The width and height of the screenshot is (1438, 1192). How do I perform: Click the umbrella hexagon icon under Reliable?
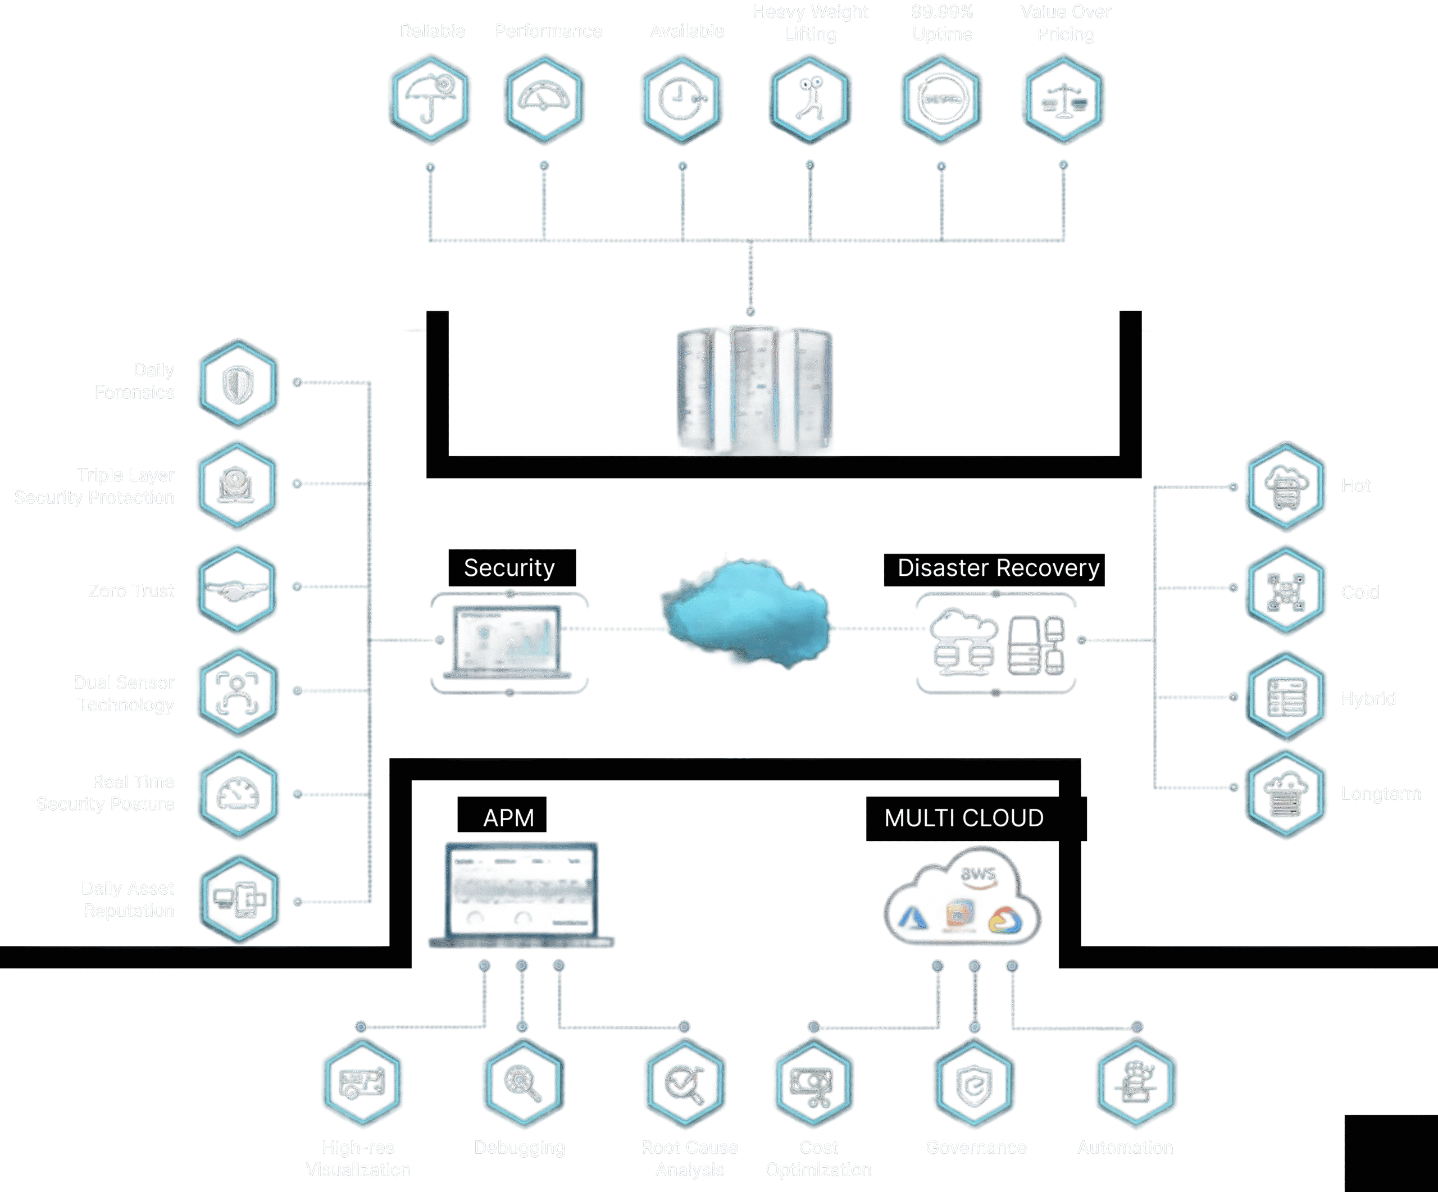429,99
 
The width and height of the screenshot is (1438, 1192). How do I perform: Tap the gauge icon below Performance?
544,99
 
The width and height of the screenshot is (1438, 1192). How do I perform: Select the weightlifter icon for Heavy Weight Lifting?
810,99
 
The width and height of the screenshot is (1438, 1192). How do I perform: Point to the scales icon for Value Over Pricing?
1063,99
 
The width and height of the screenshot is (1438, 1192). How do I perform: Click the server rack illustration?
754,390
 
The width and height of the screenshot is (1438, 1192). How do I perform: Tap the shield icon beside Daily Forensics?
238,384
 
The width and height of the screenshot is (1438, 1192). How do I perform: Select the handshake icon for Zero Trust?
237,589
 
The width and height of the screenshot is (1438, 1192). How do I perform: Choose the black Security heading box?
512,567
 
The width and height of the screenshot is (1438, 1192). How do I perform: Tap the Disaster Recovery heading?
994,569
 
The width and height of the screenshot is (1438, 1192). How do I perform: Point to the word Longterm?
1381,794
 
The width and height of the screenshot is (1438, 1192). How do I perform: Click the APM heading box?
502,816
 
